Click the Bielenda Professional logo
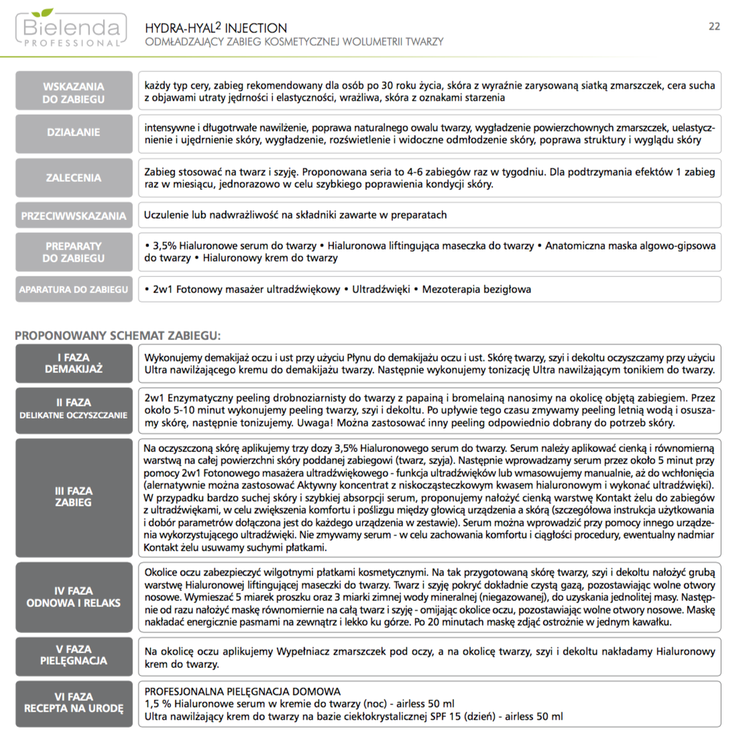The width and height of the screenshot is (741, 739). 70,29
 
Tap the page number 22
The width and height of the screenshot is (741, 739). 714,26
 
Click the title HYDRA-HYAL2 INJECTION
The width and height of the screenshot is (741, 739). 216,28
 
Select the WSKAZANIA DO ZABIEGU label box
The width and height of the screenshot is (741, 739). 74,93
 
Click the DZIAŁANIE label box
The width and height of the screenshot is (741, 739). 74,133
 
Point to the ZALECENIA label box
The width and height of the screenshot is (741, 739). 74,178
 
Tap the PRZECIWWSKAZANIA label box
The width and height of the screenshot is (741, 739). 74,216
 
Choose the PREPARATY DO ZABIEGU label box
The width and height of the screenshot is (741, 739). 74,252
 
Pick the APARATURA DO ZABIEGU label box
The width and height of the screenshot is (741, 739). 74,290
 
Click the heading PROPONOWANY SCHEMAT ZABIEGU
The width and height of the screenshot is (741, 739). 117,335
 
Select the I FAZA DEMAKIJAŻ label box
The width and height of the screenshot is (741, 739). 74,363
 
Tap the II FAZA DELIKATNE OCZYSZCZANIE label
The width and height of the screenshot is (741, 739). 74,408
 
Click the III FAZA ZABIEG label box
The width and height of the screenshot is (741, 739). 74,497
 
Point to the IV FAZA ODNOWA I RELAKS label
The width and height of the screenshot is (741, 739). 74,597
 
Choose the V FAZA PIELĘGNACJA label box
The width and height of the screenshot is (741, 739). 74,655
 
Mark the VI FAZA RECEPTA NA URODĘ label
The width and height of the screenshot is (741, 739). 74,703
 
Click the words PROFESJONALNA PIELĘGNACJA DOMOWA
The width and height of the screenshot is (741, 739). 243,691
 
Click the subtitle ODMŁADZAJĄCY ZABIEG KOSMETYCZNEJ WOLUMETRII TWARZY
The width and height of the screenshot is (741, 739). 294,42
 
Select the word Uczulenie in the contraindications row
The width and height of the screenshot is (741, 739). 166,215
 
